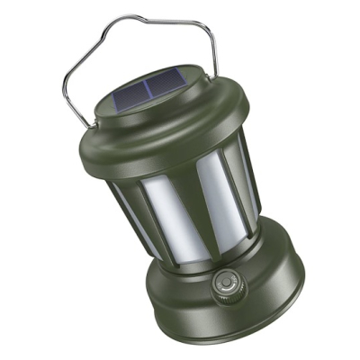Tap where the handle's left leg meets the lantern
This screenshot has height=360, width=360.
pyautogui.click(x=87, y=124)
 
